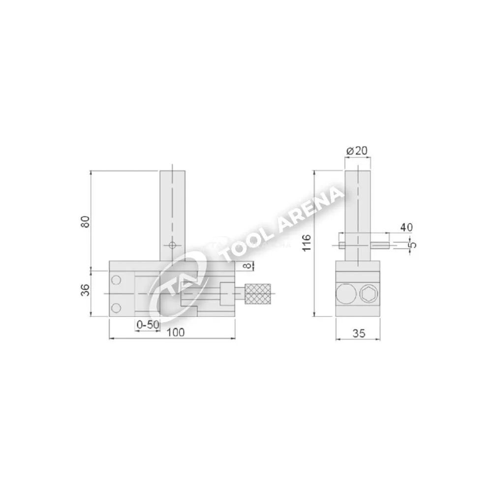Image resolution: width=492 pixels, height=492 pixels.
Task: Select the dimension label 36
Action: [x=86, y=290]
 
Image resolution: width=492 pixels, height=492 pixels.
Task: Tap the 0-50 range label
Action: [x=148, y=324]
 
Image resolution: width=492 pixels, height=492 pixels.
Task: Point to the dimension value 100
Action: [x=176, y=332]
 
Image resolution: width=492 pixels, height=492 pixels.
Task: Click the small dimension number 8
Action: [x=248, y=266]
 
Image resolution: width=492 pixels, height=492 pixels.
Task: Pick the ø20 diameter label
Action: [x=357, y=151]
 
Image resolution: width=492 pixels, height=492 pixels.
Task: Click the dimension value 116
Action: [x=306, y=242]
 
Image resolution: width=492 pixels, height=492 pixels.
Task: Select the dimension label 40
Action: [x=406, y=227]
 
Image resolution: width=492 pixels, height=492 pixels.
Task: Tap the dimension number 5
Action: [x=414, y=245]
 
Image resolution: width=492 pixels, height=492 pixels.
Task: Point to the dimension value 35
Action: [x=359, y=333]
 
